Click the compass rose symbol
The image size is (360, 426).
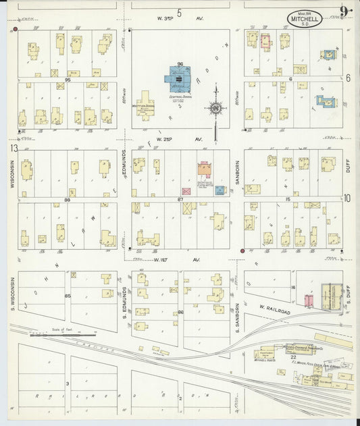(x=215, y=108)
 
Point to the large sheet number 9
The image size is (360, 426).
(x=345, y=11)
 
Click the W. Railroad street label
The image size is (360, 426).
(x=270, y=311)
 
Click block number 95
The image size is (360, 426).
(x=68, y=80)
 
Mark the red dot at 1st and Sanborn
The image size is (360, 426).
(x=242, y=251)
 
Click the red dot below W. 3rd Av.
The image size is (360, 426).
(x=15, y=30)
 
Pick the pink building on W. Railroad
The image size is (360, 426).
(x=308, y=300)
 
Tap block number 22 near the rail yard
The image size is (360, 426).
(x=293, y=357)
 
